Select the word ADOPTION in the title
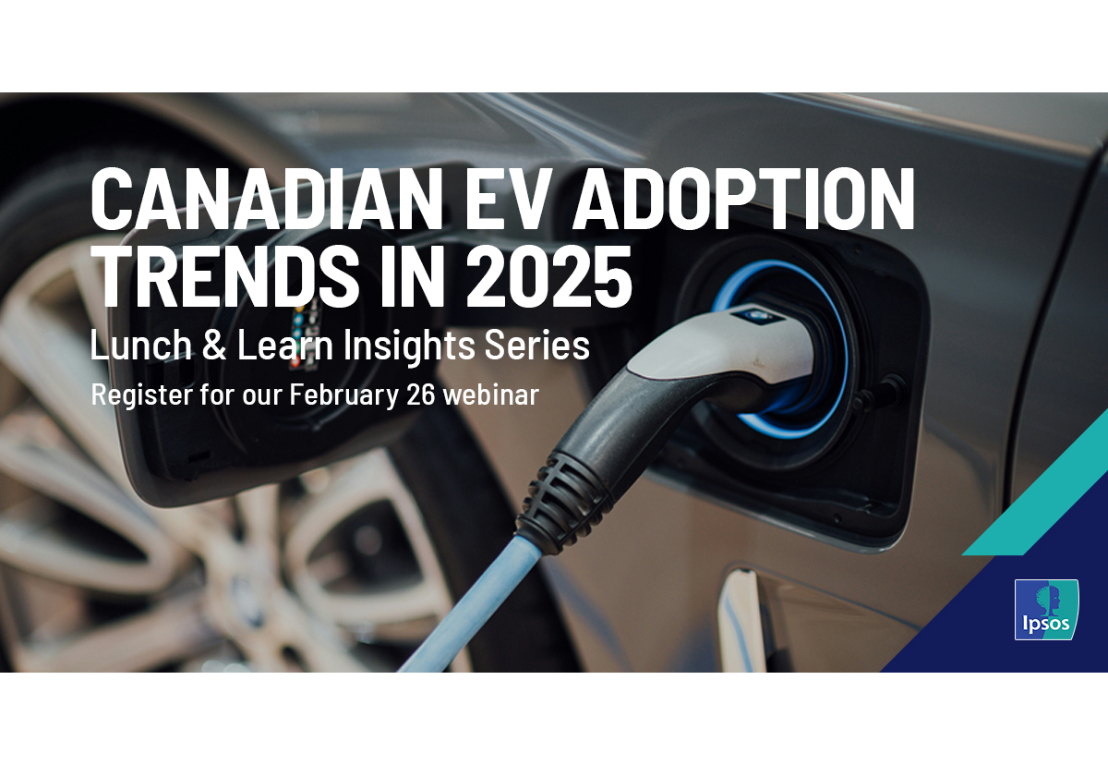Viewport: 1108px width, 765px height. [743, 199]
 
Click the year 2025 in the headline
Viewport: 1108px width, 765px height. [548, 276]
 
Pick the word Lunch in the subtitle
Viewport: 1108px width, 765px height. [140, 345]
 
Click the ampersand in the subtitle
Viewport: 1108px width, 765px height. [214, 345]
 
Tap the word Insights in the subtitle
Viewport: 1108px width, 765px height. [408, 347]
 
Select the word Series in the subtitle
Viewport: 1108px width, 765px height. [537, 345]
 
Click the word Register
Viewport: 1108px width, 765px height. [142, 395]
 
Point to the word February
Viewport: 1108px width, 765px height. [343, 395]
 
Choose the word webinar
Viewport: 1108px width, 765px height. [490, 395]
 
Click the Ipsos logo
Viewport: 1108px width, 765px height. [1047, 610]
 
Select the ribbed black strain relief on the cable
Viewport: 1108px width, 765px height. [564, 500]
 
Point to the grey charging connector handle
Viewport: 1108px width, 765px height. [722, 346]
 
